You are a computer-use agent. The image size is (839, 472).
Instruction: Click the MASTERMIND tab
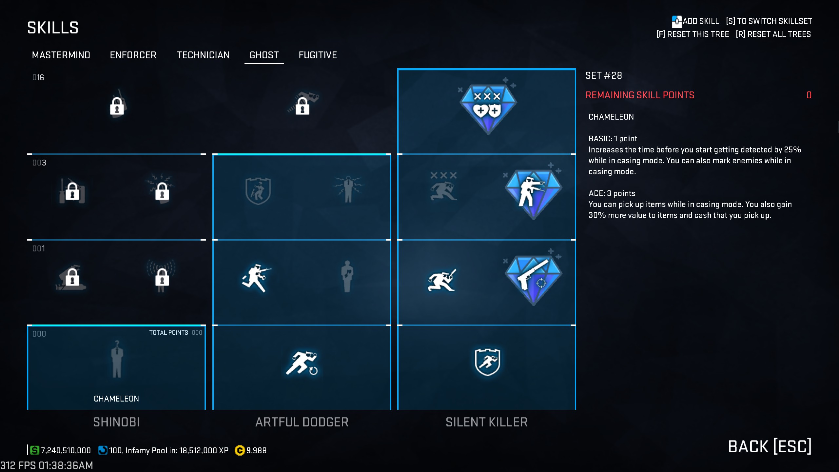[x=61, y=55]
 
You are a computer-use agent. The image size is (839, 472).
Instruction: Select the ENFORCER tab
[x=133, y=55]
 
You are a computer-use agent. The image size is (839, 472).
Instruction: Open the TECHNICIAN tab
[x=203, y=55]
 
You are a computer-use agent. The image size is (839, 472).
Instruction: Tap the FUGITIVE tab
[x=318, y=55]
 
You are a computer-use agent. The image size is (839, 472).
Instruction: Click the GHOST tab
[x=264, y=55]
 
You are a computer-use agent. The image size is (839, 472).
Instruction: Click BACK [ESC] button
[x=770, y=447]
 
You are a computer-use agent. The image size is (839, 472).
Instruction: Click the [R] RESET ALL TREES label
[x=773, y=34]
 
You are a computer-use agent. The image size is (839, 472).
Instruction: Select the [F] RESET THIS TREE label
[x=693, y=34]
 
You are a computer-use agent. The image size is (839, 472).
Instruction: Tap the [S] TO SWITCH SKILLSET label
[x=769, y=21]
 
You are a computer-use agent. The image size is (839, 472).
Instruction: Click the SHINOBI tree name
[x=116, y=422]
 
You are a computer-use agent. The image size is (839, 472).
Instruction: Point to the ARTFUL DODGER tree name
[x=302, y=422]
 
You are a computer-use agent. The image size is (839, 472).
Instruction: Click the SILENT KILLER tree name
[x=487, y=422]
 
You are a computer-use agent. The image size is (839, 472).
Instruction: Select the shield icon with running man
[x=487, y=362]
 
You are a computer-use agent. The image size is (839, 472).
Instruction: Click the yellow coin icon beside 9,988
[x=240, y=451]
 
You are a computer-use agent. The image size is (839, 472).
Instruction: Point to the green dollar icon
[x=34, y=450]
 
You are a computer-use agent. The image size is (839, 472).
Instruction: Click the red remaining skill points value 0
[x=809, y=95]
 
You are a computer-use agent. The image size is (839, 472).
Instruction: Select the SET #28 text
[x=604, y=76]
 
